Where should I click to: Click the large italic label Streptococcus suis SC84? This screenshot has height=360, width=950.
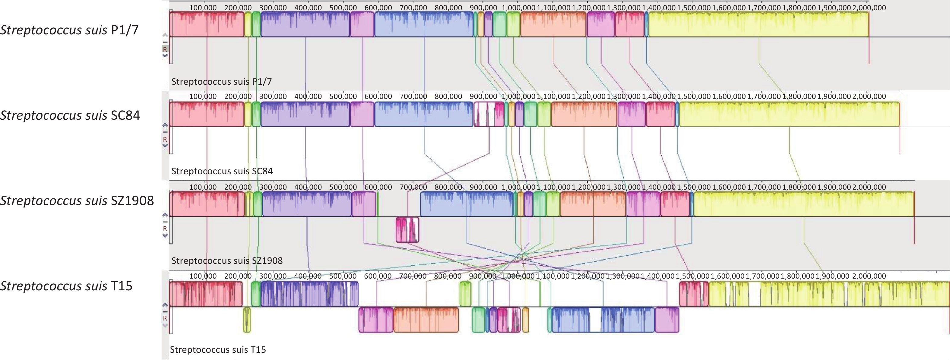click(x=70, y=115)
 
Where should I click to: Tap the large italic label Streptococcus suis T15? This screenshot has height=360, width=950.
click(x=66, y=286)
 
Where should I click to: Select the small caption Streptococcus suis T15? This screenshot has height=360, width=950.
click(x=217, y=350)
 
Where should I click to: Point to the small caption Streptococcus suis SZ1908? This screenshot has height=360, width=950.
click(x=227, y=261)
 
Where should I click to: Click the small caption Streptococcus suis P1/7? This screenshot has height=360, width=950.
click(x=221, y=81)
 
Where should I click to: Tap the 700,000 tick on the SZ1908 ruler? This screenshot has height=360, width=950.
click(x=413, y=187)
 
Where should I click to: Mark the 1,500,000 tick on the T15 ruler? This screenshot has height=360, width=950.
click(x=692, y=276)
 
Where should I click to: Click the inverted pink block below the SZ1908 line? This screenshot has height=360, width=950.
click(x=407, y=230)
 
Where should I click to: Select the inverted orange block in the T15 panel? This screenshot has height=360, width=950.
click(x=426, y=319)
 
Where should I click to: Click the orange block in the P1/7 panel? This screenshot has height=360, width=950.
click(x=553, y=24)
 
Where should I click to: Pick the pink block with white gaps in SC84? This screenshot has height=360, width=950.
click(x=489, y=114)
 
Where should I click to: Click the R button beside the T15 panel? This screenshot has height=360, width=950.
click(x=165, y=318)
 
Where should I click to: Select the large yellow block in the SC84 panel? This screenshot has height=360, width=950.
click(x=789, y=114)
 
